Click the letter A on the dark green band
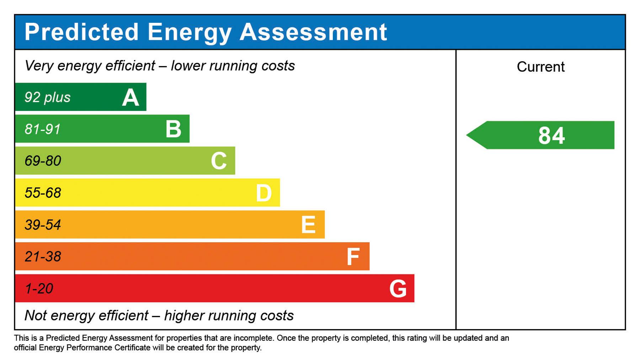click(x=130, y=97)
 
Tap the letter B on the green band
click(x=174, y=129)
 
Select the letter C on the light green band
click(x=219, y=161)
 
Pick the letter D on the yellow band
click(x=264, y=193)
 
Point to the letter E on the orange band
click(x=308, y=225)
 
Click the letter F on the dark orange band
click(x=353, y=257)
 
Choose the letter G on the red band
click(x=398, y=288)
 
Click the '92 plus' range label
click(x=47, y=97)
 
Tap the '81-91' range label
click(x=43, y=129)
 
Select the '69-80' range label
click(x=43, y=161)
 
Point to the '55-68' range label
click(x=43, y=193)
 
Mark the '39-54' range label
click(x=43, y=225)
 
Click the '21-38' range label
click(x=43, y=257)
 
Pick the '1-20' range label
click(x=39, y=288)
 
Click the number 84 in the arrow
click(x=551, y=136)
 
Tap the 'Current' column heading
click(x=540, y=67)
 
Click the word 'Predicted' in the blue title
click(x=81, y=32)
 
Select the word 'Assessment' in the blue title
click(x=313, y=32)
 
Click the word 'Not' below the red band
click(x=36, y=316)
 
